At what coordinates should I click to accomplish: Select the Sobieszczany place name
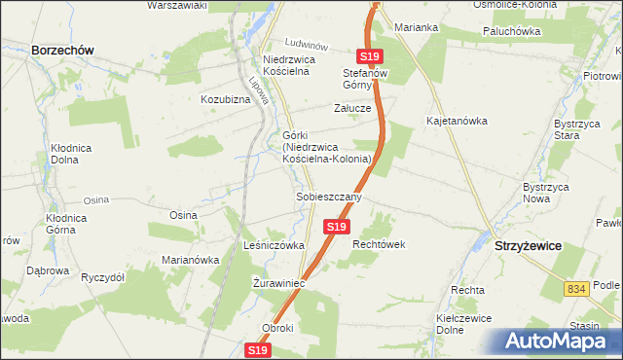329,197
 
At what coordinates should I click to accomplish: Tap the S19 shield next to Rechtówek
336,226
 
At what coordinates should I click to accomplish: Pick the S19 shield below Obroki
257,349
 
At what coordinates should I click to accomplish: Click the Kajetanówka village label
457,121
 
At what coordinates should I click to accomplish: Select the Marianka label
418,27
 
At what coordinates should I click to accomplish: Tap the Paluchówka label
511,31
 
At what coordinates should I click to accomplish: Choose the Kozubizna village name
226,99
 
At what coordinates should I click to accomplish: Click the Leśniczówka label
275,246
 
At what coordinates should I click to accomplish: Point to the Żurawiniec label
279,283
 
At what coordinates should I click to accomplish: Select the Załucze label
352,108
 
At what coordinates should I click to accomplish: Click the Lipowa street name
259,90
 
